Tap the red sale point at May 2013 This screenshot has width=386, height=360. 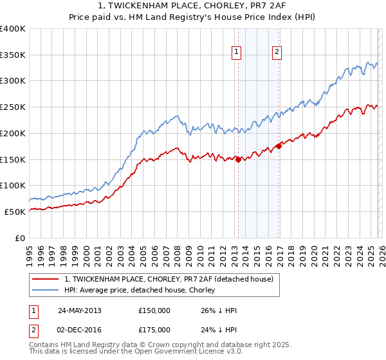[x=238, y=159]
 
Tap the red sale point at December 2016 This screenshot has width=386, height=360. [x=279, y=146]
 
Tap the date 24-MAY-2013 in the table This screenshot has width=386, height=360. [x=79, y=310]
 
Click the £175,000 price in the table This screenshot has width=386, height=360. [x=154, y=329]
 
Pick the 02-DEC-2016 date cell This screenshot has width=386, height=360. [x=79, y=329]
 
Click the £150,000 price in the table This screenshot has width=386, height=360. [x=154, y=310]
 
